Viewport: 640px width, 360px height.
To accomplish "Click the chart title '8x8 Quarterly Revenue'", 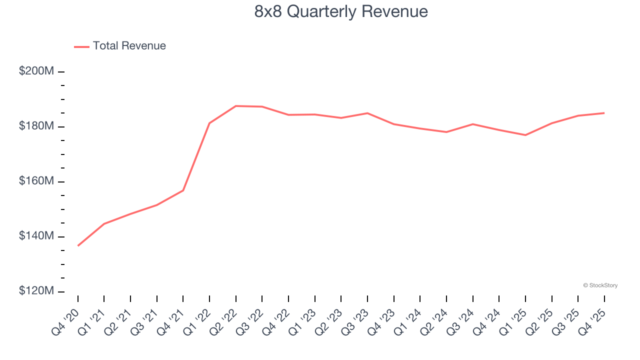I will [341, 11].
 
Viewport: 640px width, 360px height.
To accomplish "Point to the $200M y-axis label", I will [36, 71].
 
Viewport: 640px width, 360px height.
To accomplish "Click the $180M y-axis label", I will [36, 126].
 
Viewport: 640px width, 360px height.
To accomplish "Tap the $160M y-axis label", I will [36, 181].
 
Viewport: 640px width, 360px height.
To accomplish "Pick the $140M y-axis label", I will [36, 236].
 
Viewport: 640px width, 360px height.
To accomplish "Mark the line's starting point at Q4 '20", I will [78, 245].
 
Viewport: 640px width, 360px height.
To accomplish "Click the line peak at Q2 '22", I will [236, 106].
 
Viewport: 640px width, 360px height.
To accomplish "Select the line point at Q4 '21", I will [183, 190].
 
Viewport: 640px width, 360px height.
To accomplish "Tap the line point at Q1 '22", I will [209, 123].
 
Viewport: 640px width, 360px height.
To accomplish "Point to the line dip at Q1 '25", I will [525, 135].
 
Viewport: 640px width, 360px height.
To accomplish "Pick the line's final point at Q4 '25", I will [604, 113].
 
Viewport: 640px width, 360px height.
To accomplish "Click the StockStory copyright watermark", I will [600, 285].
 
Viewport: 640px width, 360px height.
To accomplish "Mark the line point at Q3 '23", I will [367, 113].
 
